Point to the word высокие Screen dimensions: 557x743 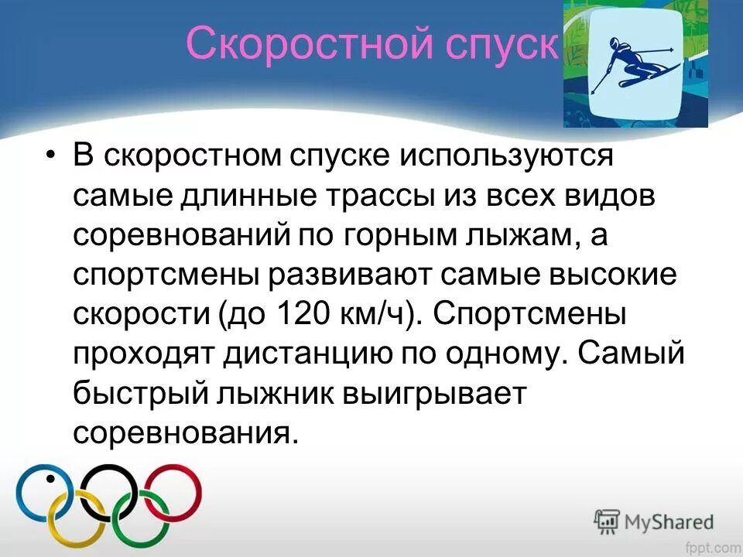tap(604, 274)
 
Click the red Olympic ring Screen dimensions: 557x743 tap(174, 490)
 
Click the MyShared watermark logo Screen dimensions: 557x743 tap(654, 520)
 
